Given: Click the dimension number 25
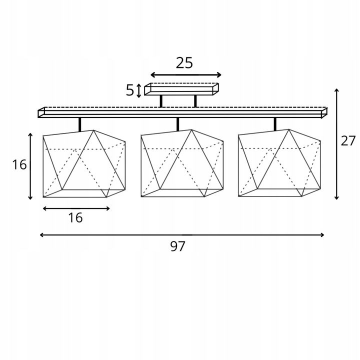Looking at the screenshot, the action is (184, 63).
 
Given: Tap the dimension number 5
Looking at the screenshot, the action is (129, 90).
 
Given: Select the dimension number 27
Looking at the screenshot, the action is (348, 140).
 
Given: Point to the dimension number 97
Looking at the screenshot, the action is (177, 246).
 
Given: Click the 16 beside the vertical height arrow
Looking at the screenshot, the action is (19, 164).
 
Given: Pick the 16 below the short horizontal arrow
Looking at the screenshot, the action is (75, 217).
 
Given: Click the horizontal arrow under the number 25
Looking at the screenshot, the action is (185, 75).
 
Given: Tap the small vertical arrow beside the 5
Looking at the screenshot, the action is (138, 90).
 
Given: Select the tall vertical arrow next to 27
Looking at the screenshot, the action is (336, 144).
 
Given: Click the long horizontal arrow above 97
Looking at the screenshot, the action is (182, 235).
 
